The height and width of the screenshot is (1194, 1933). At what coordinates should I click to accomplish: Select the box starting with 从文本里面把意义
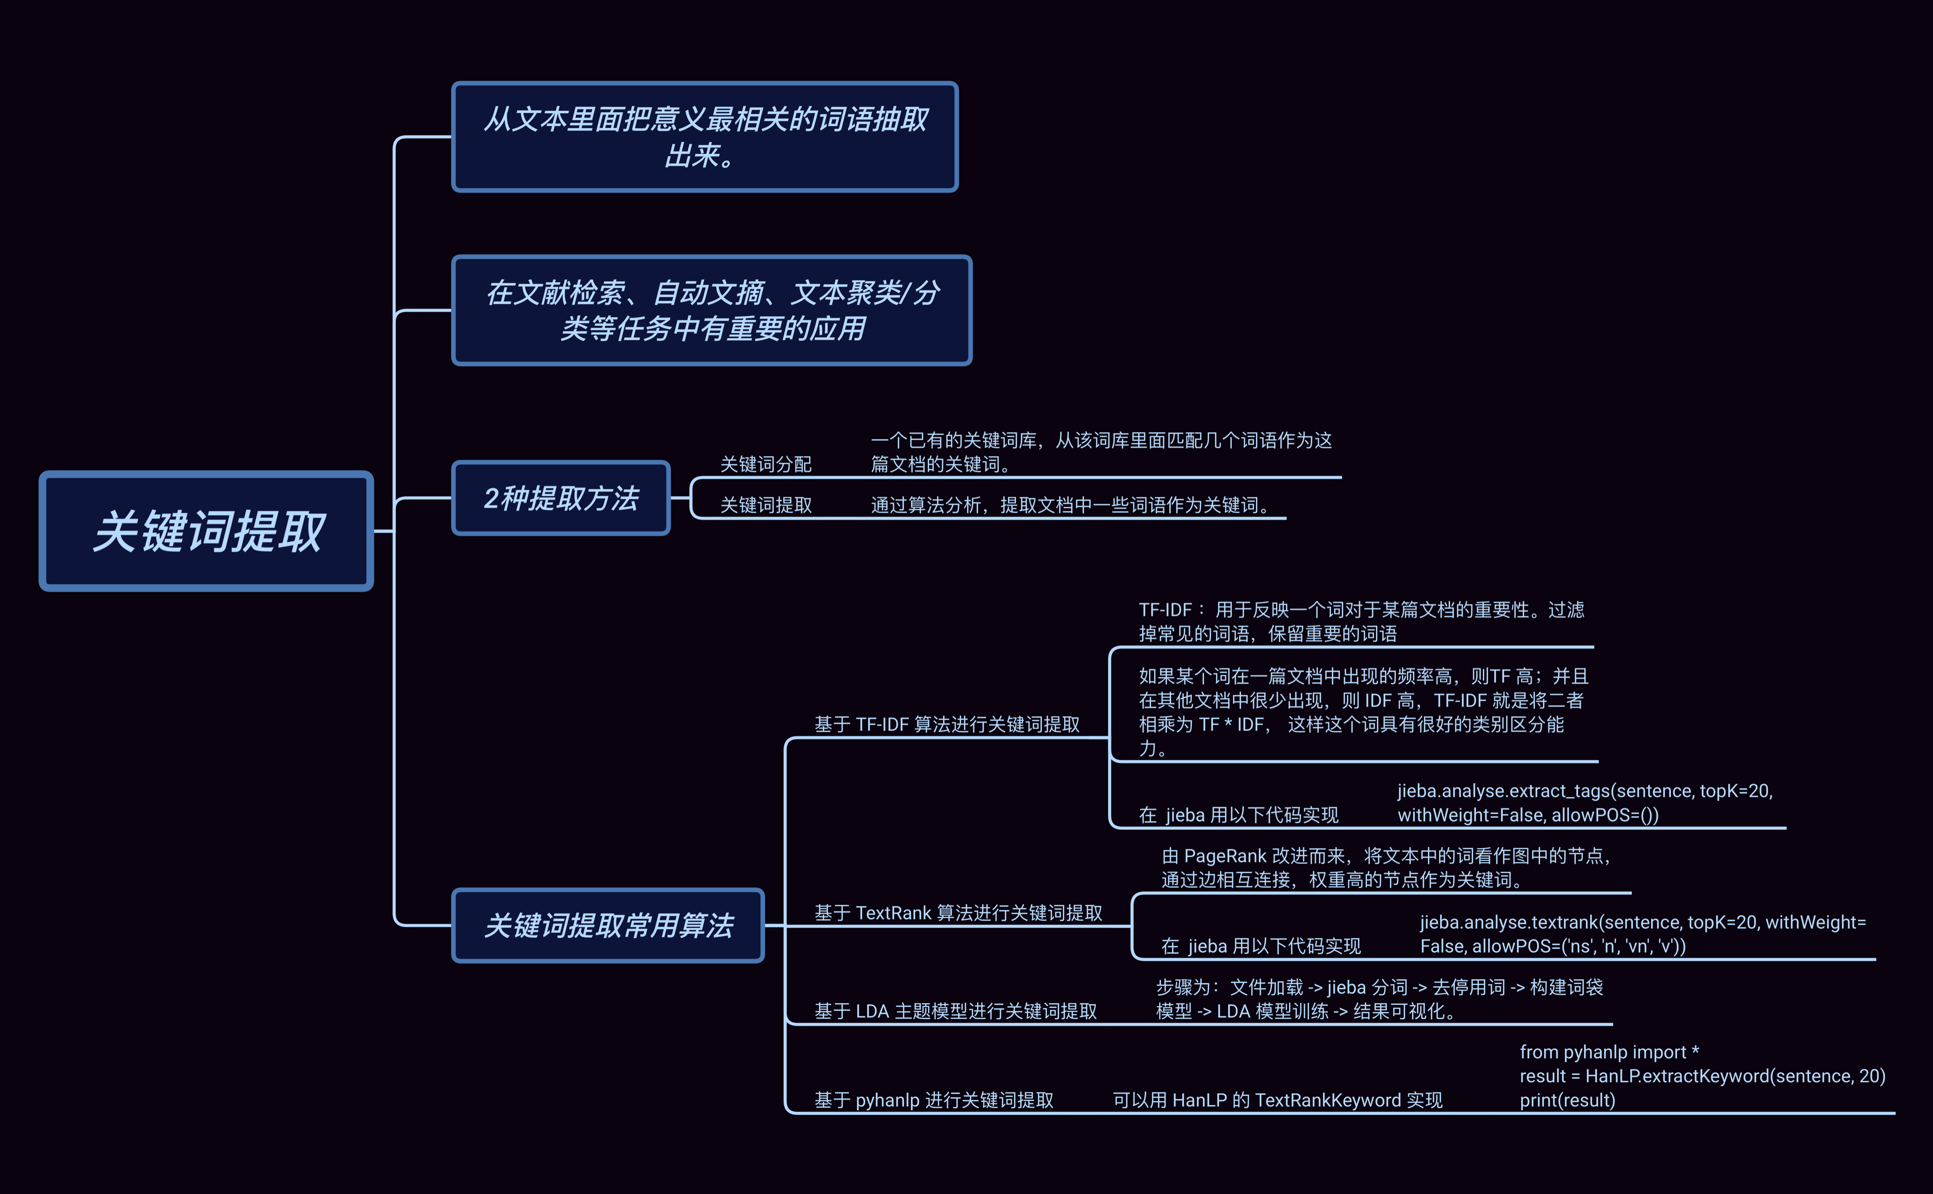(x=705, y=137)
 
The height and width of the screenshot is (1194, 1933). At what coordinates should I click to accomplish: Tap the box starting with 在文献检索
(x=711, y=310)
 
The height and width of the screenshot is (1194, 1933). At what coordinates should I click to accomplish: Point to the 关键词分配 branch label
(x=766, y=464)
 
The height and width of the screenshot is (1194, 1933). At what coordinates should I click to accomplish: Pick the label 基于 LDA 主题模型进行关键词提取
(x=955, y=1011)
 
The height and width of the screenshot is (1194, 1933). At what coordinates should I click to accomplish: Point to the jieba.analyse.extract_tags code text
(x=1584, y=803)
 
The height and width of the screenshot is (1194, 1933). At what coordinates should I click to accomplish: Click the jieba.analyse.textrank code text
(x=1642, y=934)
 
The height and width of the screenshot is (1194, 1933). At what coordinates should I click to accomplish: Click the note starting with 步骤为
(x=1379, y=999)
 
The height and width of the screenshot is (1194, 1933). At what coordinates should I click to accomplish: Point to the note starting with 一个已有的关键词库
(x=1101, y=452)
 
